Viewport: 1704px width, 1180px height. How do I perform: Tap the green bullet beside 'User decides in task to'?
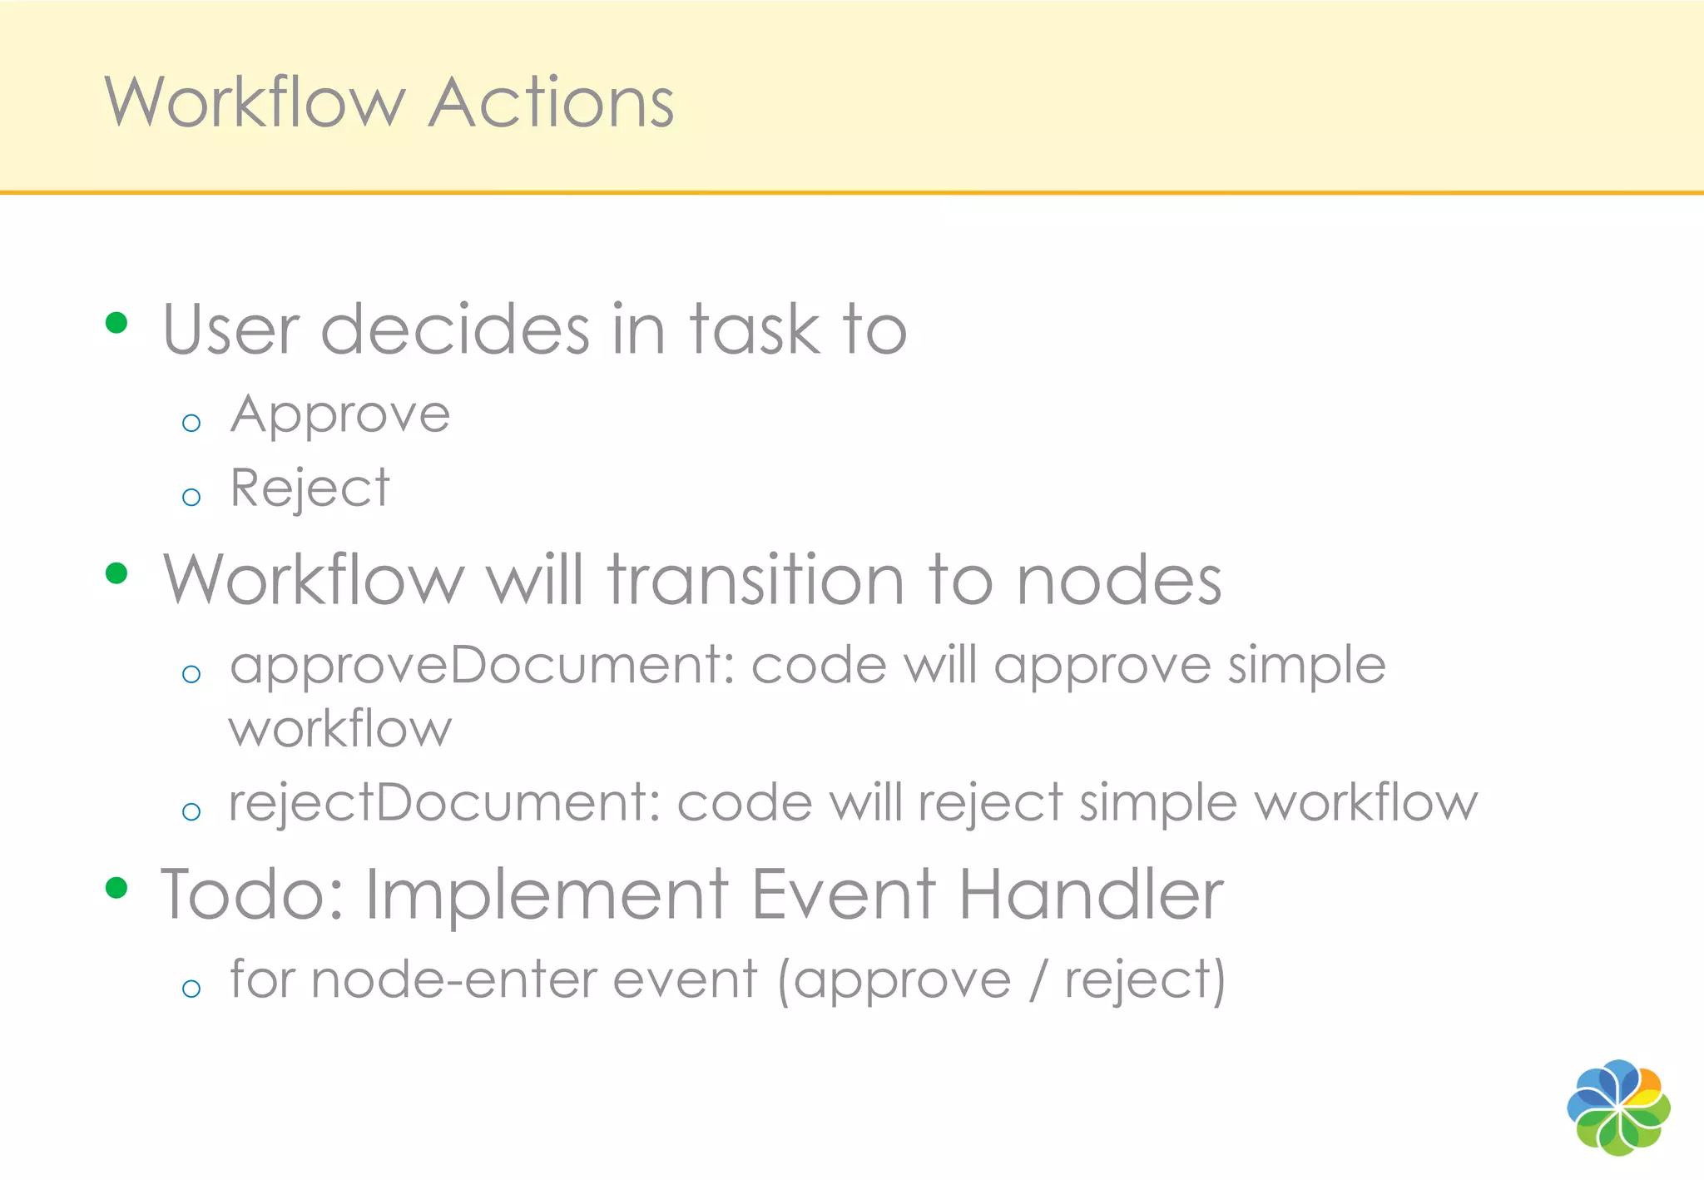(x=116, y=323)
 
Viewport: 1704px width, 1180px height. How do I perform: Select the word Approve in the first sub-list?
(x=340, y=415)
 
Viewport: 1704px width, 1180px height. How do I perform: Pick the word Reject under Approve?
(x=310, y=488)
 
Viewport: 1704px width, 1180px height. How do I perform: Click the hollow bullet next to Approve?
(x=191, y=423)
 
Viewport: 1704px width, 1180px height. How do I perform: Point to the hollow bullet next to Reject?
(x=191, y=498)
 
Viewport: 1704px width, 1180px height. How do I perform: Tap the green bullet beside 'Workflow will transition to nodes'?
(x=116, y=573)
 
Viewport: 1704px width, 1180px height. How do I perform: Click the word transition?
(x=755, y=580)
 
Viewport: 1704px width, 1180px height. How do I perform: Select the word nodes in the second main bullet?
(x=1118, y=580)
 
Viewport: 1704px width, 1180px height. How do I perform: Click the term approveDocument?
(x=481, y=667)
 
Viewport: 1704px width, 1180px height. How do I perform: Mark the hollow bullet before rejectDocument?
(x=191, y=811)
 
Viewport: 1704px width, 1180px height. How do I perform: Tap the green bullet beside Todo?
(x=116, y=888)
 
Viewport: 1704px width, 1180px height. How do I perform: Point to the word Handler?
(x=1091, y=895)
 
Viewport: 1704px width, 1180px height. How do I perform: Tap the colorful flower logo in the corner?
(x=1618, y=1108)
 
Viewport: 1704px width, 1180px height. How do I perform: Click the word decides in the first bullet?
(x=455, y=330)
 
